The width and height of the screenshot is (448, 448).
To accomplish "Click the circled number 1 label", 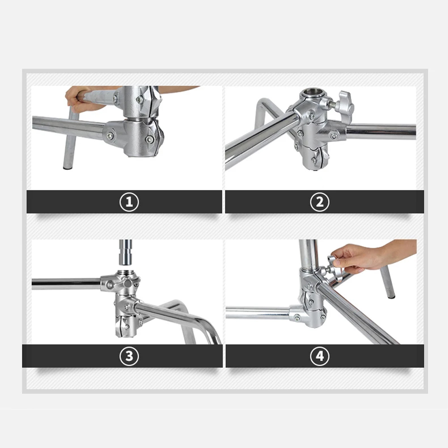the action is coord(129,202).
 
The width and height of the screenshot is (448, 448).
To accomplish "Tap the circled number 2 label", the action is coord(320,202).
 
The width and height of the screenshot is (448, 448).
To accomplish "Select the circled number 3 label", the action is coord(129,356).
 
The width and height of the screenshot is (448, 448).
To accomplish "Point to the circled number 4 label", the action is coord(320,356).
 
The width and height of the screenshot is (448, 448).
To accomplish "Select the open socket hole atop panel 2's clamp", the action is coord(312,93).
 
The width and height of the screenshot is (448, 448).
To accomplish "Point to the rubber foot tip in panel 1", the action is coord(68,168).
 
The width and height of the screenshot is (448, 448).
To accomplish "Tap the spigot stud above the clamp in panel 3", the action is coord(125,253).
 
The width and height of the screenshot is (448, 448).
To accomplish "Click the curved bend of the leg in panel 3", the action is coord(207,326).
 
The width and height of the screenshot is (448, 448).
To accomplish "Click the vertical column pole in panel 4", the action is coord(309,254).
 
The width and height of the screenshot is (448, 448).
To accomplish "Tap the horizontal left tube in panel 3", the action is coord(66,284).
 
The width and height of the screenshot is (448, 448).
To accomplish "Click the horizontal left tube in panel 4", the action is coord(258,313).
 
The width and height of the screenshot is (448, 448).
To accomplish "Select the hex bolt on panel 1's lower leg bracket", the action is coord(110,135).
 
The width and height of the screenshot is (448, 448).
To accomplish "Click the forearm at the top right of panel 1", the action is coord(177,89).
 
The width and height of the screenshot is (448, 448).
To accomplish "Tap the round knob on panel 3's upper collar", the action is coord(128,283).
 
